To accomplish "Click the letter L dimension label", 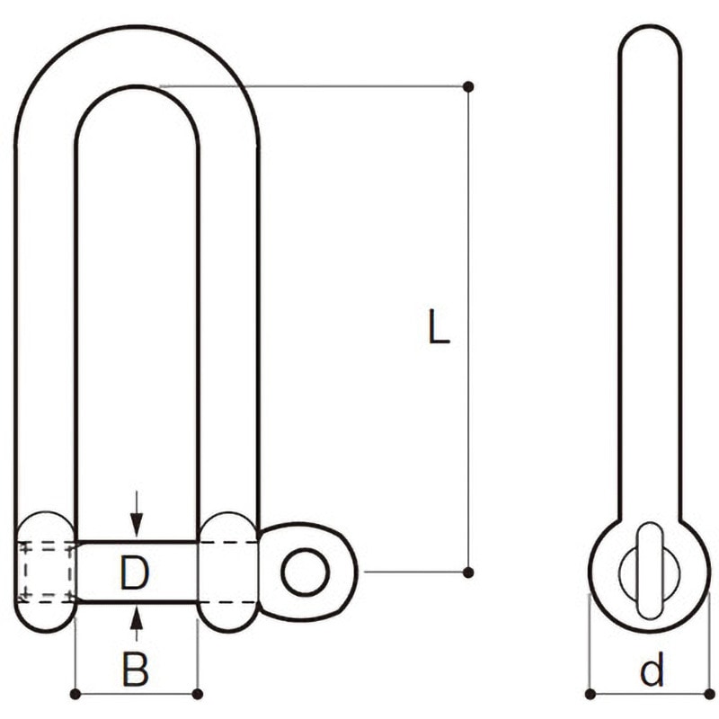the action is point(439,326).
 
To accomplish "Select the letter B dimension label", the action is point(136,669).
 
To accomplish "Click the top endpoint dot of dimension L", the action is point(468,86).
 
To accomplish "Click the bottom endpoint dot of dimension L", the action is point(468,572).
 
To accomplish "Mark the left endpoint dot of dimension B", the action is point(75,694).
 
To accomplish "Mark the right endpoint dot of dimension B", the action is point(197,694).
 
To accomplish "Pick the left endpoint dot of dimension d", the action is point(590,694).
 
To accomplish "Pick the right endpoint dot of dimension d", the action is point(710,694).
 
